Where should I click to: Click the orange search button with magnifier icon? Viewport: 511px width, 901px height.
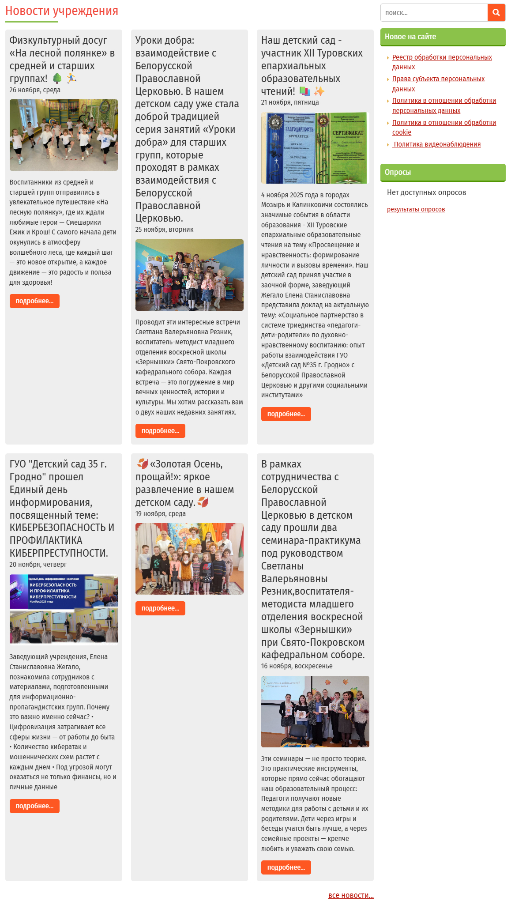[x=496, y=13]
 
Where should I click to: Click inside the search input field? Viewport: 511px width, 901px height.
[x=434, y=13]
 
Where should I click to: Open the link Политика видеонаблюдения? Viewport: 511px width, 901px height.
[x=437, y=144]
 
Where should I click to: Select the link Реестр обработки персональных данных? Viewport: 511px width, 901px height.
[x=442, y=57]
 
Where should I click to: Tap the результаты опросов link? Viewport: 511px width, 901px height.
[x=416, y=209]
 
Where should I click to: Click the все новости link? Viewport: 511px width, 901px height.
[x=351, y=895]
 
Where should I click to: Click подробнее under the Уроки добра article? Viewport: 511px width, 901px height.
[x=160, y=431]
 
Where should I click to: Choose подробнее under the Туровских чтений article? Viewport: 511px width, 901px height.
[x=286, y=414]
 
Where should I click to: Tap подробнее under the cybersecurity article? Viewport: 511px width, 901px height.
[x=34, y=806]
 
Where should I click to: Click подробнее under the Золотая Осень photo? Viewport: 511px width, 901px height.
[x=160, y=608]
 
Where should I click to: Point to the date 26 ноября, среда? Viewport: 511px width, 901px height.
[x=35, y=90]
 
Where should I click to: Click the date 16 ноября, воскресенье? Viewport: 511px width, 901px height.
[x=297, y=666]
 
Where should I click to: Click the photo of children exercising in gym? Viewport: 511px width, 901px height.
[x=64, y=135]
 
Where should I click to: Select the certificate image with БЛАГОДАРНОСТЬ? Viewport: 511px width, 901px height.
[x=315, y=148]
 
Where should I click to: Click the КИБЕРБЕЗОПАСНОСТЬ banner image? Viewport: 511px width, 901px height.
[x=64, y=609]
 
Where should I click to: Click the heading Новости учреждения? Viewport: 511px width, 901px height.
[x=62, y=11]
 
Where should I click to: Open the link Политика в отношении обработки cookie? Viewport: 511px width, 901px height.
[x=444, y=127]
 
